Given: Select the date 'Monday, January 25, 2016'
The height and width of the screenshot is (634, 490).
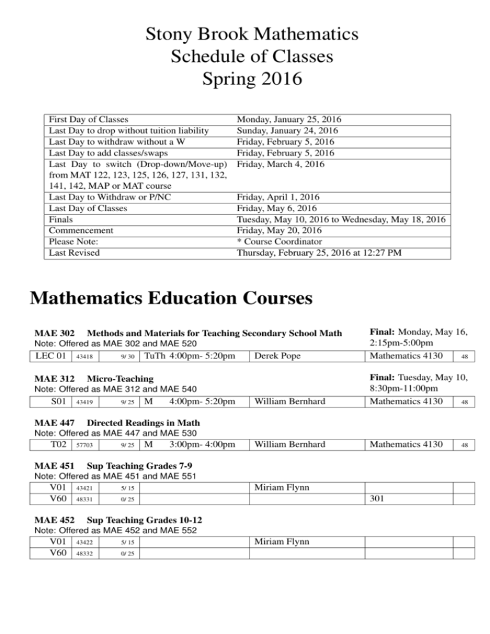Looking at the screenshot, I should click(288, 119).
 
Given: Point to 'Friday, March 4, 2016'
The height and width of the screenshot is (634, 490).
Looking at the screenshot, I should click(281, 164).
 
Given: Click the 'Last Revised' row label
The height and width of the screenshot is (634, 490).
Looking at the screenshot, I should click(75, 253).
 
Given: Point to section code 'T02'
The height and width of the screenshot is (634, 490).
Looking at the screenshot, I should click(55, 444).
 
